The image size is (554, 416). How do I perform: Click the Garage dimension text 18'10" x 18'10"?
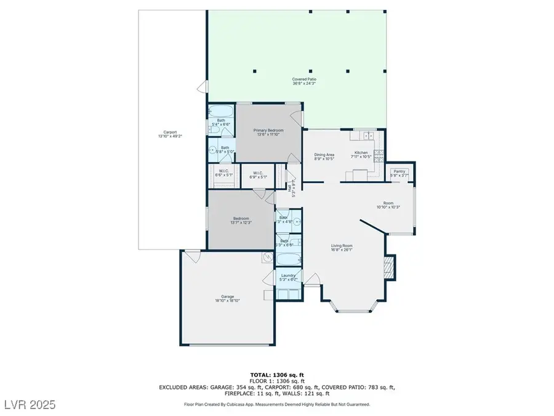[x=227, y=301]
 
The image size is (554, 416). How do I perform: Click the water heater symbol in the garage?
[x=268, y=258]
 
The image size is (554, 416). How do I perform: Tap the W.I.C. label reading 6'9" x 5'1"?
[x=257, y=173]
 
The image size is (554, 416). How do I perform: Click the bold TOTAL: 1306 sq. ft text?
[x=277, y=374]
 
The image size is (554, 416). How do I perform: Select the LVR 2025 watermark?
[x=28, y=404]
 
